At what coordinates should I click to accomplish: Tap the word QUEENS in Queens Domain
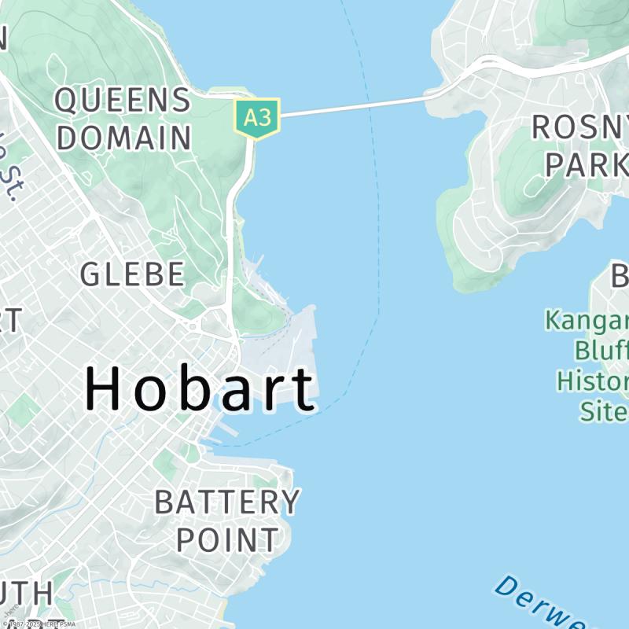[123, 101]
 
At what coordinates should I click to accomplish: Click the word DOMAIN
[123, 138]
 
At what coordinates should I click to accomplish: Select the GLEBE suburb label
[133, 274]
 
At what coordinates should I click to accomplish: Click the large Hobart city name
[200, 389]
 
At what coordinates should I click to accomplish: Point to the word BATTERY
[227, 502]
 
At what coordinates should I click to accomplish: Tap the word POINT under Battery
[227, 539]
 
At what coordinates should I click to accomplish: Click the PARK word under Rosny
[587, 164]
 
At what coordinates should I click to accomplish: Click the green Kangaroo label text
[587, 321]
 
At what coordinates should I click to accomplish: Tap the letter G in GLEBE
[91, 274]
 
